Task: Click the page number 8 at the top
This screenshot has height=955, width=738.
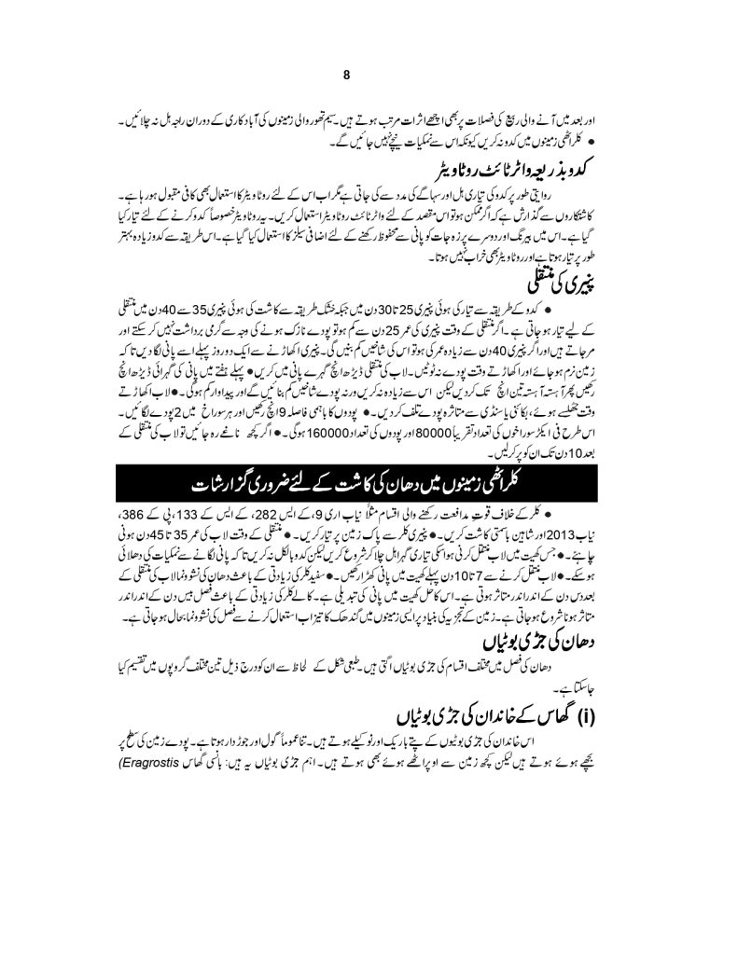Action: coord(346,76)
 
